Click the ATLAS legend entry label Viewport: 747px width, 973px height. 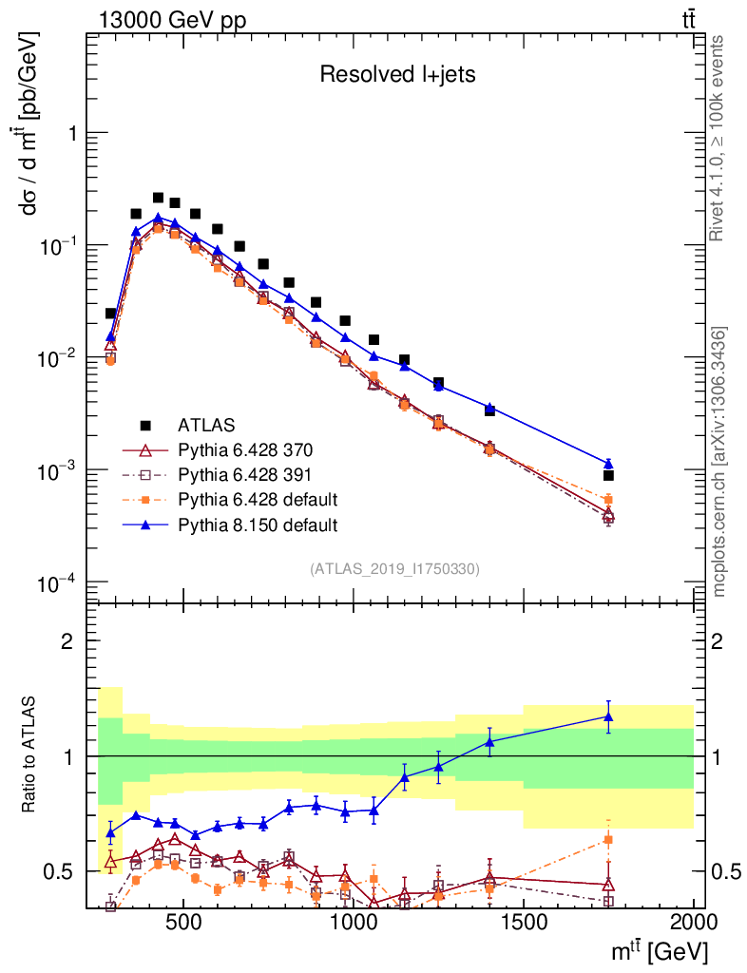[x=206, y=424]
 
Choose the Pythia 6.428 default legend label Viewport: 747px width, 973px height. [x=258, y=499]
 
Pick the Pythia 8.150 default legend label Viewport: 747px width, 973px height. [x=258, y=524]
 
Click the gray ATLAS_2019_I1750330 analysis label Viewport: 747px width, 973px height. [x=394, y=569]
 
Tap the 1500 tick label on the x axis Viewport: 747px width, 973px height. [x=523, y=924]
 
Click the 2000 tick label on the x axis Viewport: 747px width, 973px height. [x=694, y=924]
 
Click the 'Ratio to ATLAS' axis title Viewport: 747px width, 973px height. [x=31, y=754]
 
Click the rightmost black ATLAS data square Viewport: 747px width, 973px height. [x=608, y=475]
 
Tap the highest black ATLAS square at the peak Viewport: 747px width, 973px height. [x=158, y=198]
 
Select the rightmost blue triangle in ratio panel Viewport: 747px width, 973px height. [x=608, y=716]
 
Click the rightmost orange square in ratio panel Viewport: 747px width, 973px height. [x=608, y=839]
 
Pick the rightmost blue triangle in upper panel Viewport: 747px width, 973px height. [x=608, y=464]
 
